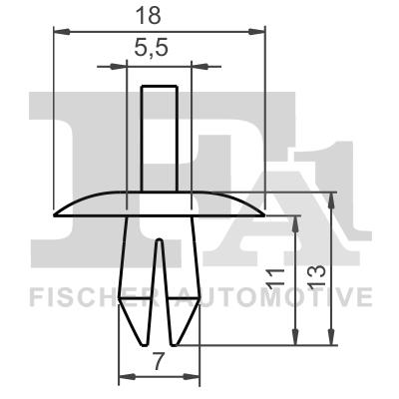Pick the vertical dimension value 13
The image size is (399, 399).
point(318,269)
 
